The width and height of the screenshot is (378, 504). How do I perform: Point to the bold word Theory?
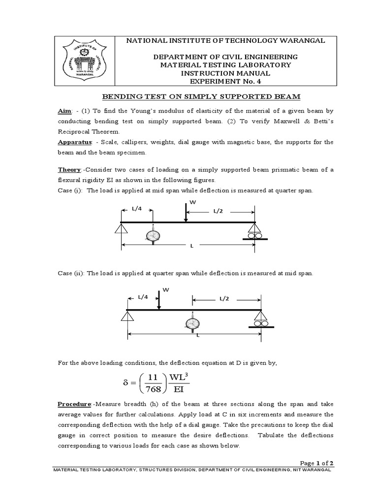69,170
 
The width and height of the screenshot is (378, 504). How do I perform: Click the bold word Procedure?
74,404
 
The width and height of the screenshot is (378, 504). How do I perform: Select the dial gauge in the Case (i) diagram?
153,235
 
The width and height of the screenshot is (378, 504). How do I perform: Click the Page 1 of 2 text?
316,463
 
